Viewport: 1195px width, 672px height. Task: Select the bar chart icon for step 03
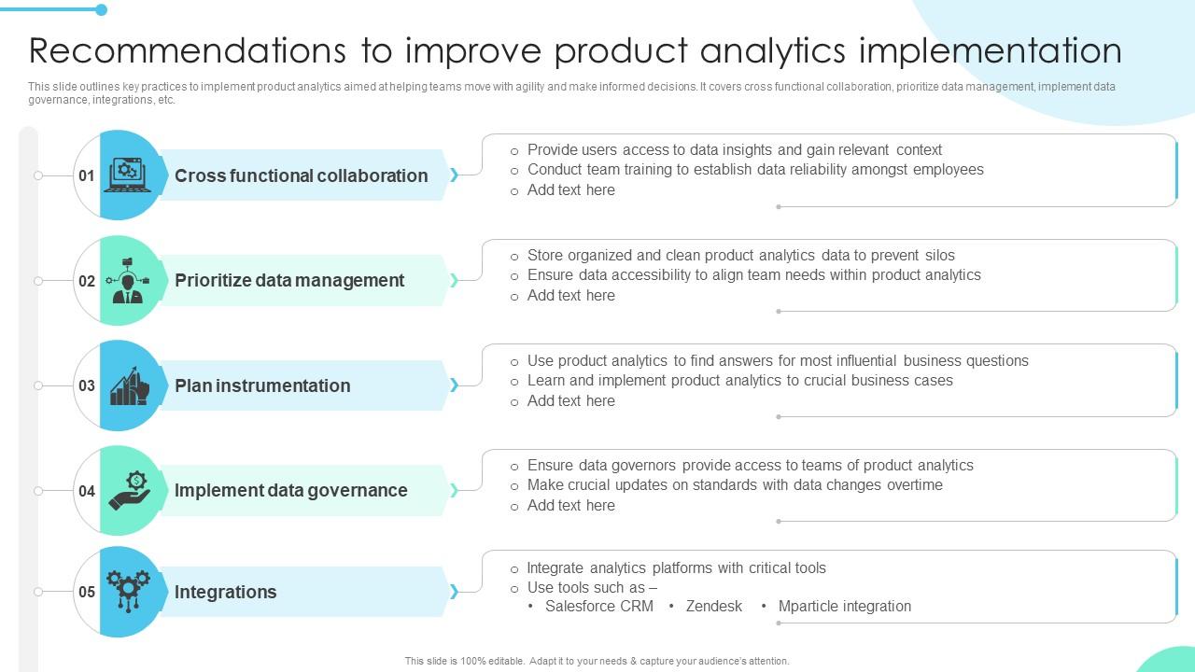click(129, 385)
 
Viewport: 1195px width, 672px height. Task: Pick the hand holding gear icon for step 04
click(130, 490)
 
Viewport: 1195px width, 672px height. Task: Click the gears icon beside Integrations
click(128, 591)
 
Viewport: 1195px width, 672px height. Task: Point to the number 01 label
click(87, 175)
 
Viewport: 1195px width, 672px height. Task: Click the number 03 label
click(87, 385)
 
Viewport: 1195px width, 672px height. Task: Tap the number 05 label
click(87, 592)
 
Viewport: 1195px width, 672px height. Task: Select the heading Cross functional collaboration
click(301, 175)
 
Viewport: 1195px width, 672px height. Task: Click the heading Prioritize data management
click(289, 280)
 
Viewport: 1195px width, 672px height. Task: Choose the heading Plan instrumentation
click(262, 385)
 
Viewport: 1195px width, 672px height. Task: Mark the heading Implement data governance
click(290, 490)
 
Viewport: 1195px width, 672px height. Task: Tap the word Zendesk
click(714, 606)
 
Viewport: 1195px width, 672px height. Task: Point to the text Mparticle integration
click(844, 606)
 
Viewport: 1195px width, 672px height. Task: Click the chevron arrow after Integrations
click(454, 592)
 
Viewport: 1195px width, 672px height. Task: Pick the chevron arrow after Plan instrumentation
click(454, 385)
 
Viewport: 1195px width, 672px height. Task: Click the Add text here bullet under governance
click(570, 505)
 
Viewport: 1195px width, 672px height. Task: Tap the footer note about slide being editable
click(597, 661)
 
